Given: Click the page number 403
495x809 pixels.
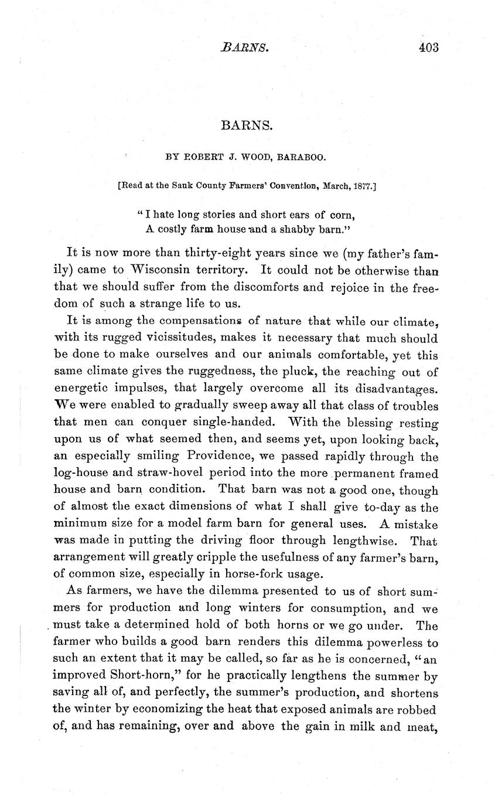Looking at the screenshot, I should pos(428,47).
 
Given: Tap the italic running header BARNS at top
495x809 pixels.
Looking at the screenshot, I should pos(245,47).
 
